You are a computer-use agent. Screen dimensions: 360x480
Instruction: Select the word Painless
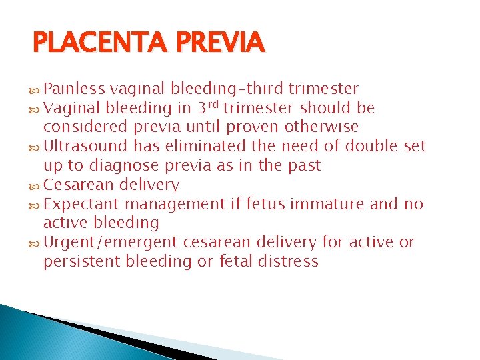pyautogui.click(x=75, y=89)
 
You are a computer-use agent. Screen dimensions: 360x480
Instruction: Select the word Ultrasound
pyautogui.click(x=85, y=146)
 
